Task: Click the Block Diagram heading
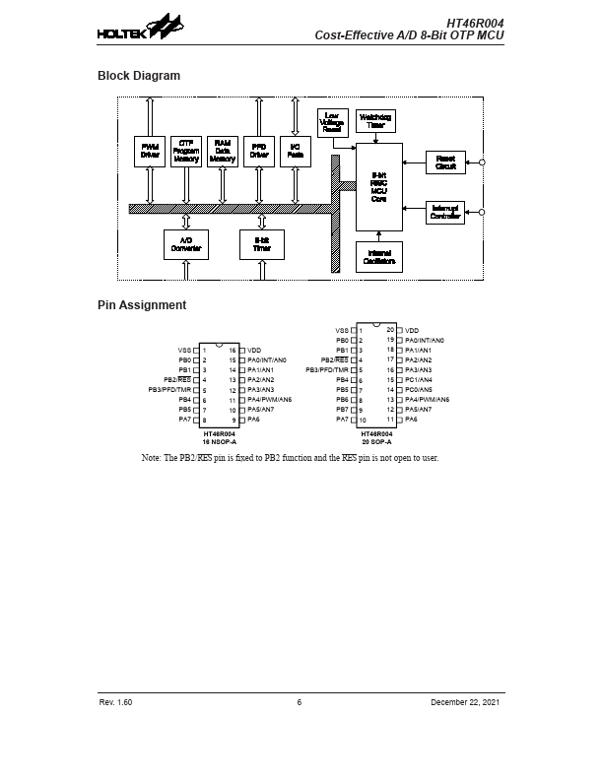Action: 138,76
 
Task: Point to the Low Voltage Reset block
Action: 333,123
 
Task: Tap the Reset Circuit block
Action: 445,162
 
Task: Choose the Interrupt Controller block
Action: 445,212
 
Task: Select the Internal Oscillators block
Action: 378,256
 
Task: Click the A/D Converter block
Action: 186,244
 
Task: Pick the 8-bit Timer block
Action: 262,244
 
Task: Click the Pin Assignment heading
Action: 141,305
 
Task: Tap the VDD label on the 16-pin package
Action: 254,350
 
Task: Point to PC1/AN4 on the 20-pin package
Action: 418,379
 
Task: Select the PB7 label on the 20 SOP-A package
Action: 342,410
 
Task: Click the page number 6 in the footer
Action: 300,702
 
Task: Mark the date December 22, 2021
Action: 467,702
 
